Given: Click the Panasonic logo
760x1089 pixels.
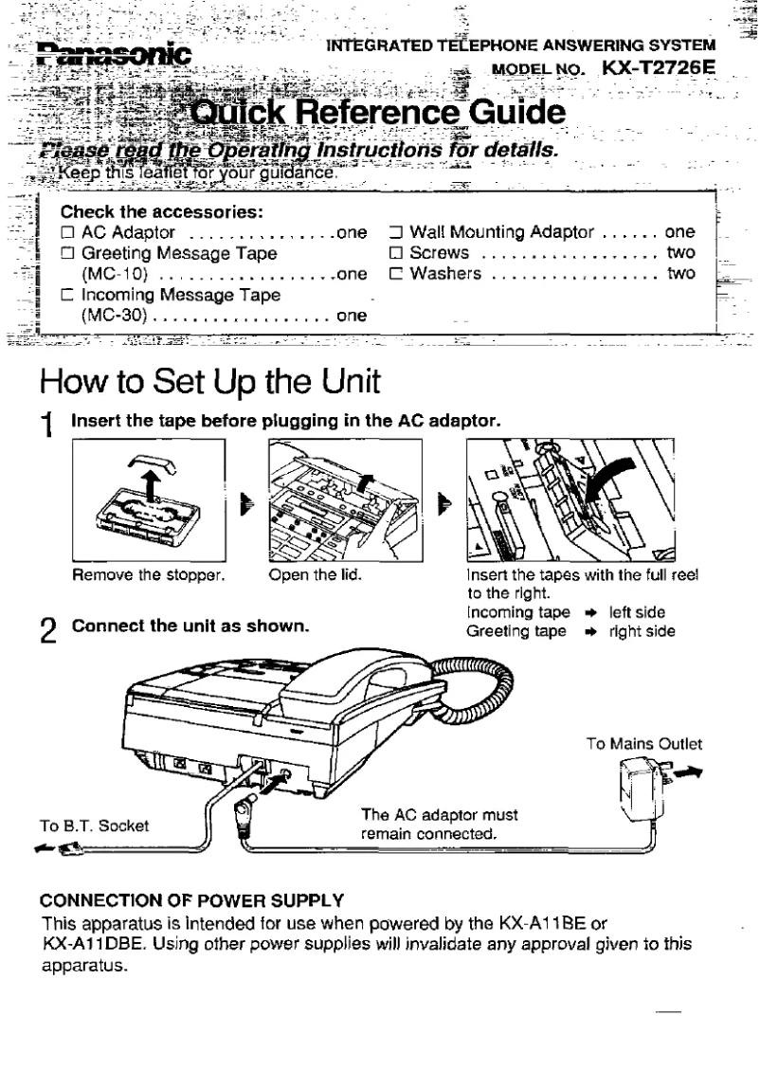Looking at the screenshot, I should pos(114,53).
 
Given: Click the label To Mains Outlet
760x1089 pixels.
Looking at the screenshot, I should pos(643,745).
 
